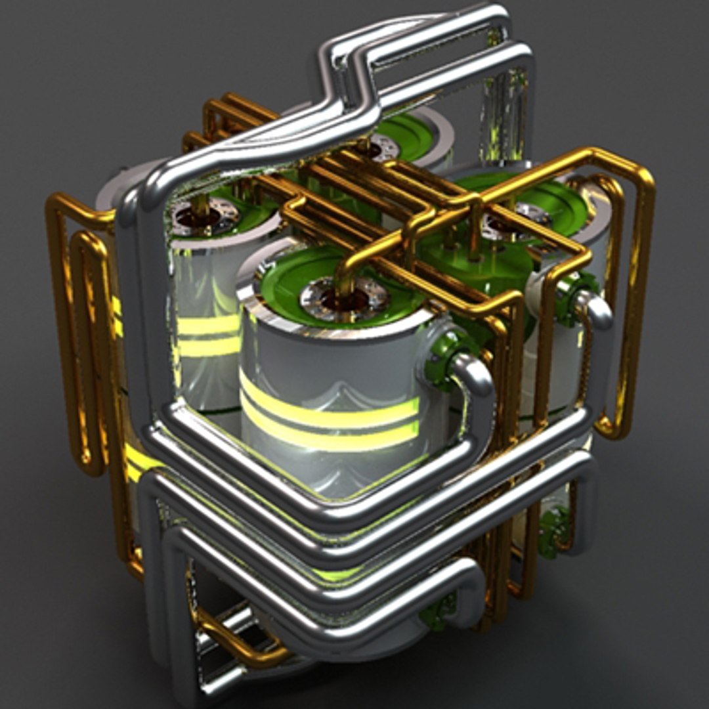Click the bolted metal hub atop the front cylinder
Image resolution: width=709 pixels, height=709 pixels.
[x=343, y=299]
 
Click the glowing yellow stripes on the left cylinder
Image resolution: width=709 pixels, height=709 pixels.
[x=207, y=335]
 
